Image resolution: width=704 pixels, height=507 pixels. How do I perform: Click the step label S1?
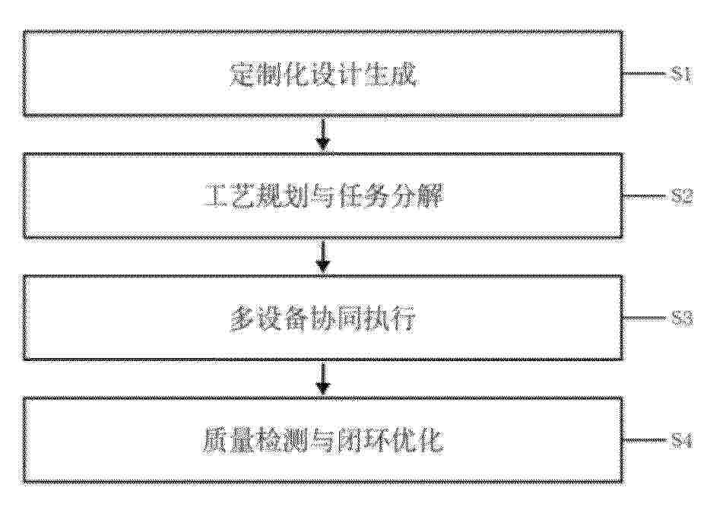pos(680,74)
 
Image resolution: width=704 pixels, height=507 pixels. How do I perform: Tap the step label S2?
pos(682,196)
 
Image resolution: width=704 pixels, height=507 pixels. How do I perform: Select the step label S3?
pos(682,318)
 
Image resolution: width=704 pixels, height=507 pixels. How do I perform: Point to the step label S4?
pos(680,441)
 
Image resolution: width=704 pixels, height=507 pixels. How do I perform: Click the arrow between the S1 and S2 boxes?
pos(323,134)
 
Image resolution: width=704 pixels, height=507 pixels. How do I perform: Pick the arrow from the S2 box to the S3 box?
pos(323,256)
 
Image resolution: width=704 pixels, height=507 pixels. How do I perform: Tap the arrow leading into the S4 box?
pos(323,379)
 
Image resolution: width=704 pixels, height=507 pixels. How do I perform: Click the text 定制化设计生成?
pos(323,74)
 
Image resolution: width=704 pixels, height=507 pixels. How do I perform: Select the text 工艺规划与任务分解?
pos(324,196)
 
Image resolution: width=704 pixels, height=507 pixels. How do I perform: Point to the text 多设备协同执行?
pos(323,318)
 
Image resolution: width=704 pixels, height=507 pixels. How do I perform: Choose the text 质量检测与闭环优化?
pos(322,441)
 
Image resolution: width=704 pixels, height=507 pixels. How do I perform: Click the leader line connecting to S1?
pos(645,74)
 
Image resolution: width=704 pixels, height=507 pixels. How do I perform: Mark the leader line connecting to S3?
pos(645,318)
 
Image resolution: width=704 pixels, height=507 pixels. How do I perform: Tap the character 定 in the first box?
pos(242,74)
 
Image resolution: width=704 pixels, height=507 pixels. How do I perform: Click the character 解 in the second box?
pos(430,196)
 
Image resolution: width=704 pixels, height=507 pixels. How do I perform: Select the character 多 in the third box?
pos(243,318)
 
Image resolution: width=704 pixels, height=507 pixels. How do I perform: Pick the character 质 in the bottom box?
pos(214,441)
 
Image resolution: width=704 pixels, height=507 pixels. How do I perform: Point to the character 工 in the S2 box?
pos(217,196)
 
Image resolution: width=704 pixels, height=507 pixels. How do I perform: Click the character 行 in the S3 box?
pos(404,318)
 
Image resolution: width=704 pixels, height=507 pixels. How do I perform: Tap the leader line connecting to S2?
pos(645,196)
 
